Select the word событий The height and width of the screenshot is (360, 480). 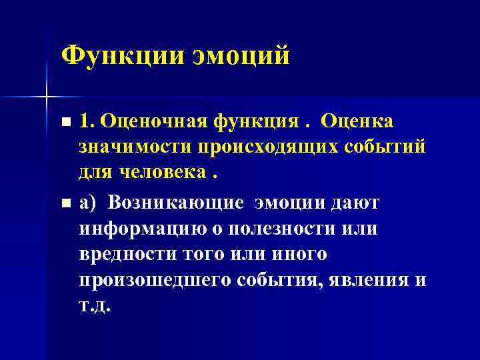383,148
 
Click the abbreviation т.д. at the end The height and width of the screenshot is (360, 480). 95,307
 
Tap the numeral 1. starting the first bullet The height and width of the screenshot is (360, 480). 86,122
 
